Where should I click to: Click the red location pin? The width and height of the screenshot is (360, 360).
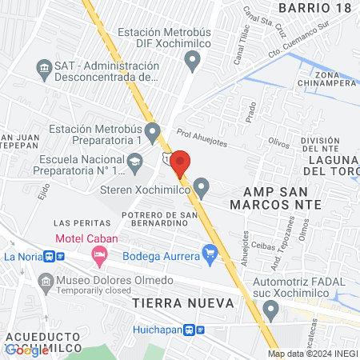click(180, 162)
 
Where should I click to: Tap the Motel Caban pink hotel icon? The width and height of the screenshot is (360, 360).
click(100, 257)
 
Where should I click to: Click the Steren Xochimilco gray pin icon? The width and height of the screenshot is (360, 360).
click(202, 189)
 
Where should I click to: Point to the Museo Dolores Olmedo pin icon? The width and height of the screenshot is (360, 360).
click(45, 281)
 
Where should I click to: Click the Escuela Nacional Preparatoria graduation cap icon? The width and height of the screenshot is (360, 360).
click(136, 163)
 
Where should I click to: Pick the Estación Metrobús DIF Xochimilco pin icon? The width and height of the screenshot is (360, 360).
click(192, 59)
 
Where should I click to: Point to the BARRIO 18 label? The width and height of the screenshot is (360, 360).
click(314, 7)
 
